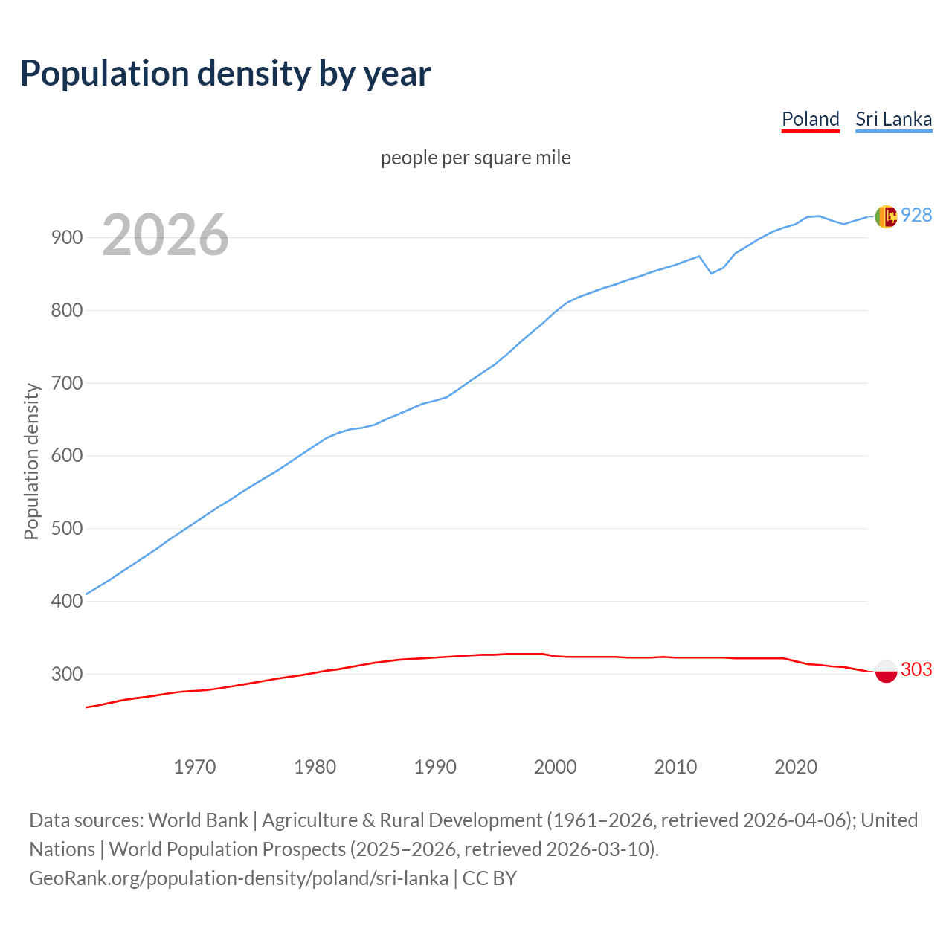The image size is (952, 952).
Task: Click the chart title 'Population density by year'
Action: (x=225, y=74)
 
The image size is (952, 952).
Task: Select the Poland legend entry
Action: (x=810, y=119)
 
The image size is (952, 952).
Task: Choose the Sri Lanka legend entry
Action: (x=893, y=119)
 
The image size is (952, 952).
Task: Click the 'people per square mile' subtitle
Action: (x=475, y=158)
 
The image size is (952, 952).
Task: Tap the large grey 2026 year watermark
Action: (x=165, y=235)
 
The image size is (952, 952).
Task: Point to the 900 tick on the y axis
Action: (x=66, y=238)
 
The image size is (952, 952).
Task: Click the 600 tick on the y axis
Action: (x=66, y=456)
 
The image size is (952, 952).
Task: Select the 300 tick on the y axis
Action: (x=66, y=674)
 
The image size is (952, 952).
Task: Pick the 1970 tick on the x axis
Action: (x=195, y=766)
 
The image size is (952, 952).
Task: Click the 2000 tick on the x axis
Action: (x=556, y=766)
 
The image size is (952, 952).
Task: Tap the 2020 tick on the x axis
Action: (x=796, y=766)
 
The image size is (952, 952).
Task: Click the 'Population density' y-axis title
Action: (x=31, y=461)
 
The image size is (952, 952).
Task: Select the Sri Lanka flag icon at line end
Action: (x=886, y=216)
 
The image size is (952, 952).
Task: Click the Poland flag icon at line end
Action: (x=886, y=671)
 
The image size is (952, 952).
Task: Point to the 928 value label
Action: (x=916, y=215)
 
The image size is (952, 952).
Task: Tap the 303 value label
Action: (x=916, y=669)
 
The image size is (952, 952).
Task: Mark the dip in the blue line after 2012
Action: (x=711, y=273)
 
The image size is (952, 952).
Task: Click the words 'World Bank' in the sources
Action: (x=198, y=820)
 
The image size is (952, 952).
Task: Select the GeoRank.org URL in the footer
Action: (x=239, y=878)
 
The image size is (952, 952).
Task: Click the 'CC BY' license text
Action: (x=489, y=878)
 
